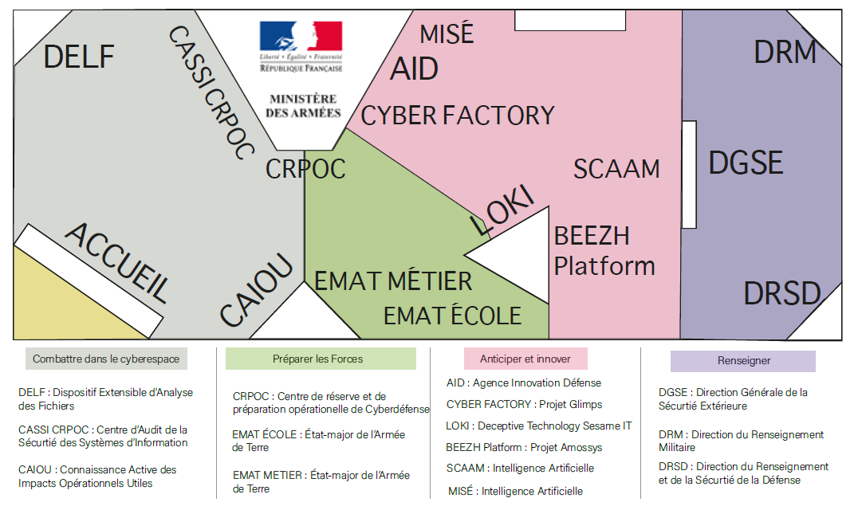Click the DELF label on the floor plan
pos(79,57)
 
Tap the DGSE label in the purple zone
pos(746,163)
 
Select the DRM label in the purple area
pos(785,53)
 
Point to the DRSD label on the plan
pos(781,294)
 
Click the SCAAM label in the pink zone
pos(616,169)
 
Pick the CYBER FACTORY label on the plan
pos(458,116)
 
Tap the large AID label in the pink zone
pos(414,69)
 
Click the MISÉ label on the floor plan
pos(447,34)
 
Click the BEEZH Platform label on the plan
pos(604,251)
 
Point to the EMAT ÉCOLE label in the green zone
pos(452,316)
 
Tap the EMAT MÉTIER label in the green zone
pos(393,281)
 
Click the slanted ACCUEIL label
pos(118,262)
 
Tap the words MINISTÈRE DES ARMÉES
pos(302,106)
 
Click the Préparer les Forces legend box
pos(321,359)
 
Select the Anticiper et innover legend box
pos(525,358)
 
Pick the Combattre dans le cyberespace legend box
pos(106,359)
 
